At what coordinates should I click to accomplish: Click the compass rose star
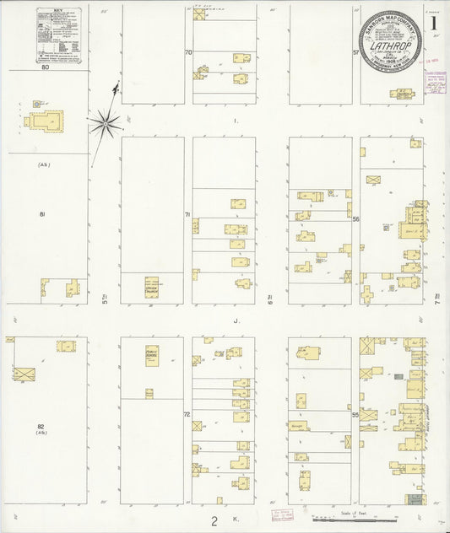click(x=105, y=123)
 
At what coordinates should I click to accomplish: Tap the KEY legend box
click(x=59, y=35)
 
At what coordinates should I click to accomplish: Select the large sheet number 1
click(x=433, y=22)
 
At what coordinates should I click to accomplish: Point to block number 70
click(x=189, y=53)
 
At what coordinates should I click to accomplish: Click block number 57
click(x=356, y=52)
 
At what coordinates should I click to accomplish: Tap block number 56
click(x=356, y=219)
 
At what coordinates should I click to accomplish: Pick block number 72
click(x=187, y=416)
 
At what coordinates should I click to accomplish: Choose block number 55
click(x=356, y=415)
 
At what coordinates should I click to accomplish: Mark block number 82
click(x=41, y=427)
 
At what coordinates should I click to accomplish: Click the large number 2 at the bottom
click(x=214, y=521)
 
